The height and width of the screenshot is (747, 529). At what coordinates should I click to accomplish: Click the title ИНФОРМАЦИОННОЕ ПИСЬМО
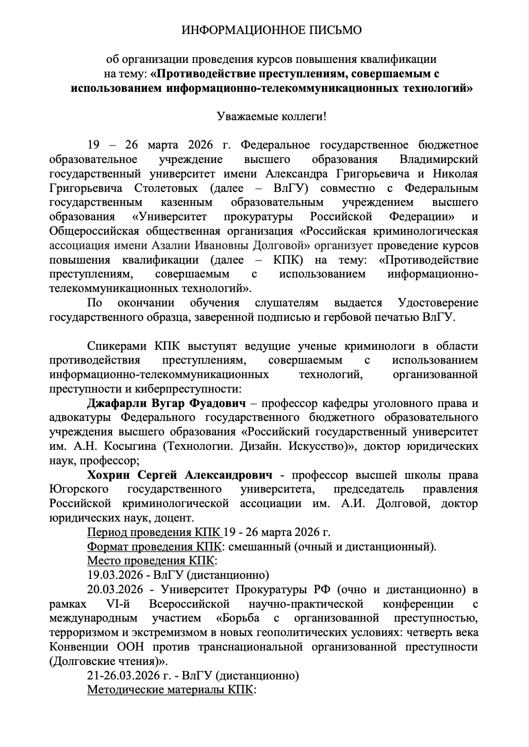(271, 30)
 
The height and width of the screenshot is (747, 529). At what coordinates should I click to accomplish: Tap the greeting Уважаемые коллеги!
(271, 116)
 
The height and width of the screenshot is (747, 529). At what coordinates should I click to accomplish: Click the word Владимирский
(439, 159)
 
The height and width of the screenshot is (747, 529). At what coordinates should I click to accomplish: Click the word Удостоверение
(438, 303)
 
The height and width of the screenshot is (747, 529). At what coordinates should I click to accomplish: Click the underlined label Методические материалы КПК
(171, 690)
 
